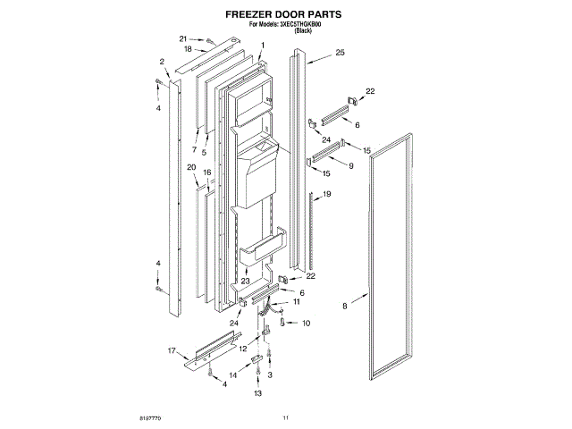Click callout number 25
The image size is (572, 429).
(340, 55)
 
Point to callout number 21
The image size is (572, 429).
(183, 39)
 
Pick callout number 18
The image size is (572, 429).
(188, 50)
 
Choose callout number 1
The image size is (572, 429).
(263, 45)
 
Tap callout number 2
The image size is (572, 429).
(162, 62)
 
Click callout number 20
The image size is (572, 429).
(191, 167)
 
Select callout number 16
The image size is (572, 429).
(206, 172)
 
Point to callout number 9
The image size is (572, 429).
(350, 165)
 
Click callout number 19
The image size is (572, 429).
(327, 194)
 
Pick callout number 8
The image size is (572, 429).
(344, 307)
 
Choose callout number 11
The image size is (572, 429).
(296, 302)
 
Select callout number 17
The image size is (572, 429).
(172, 350)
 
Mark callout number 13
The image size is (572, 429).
(257, 393)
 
